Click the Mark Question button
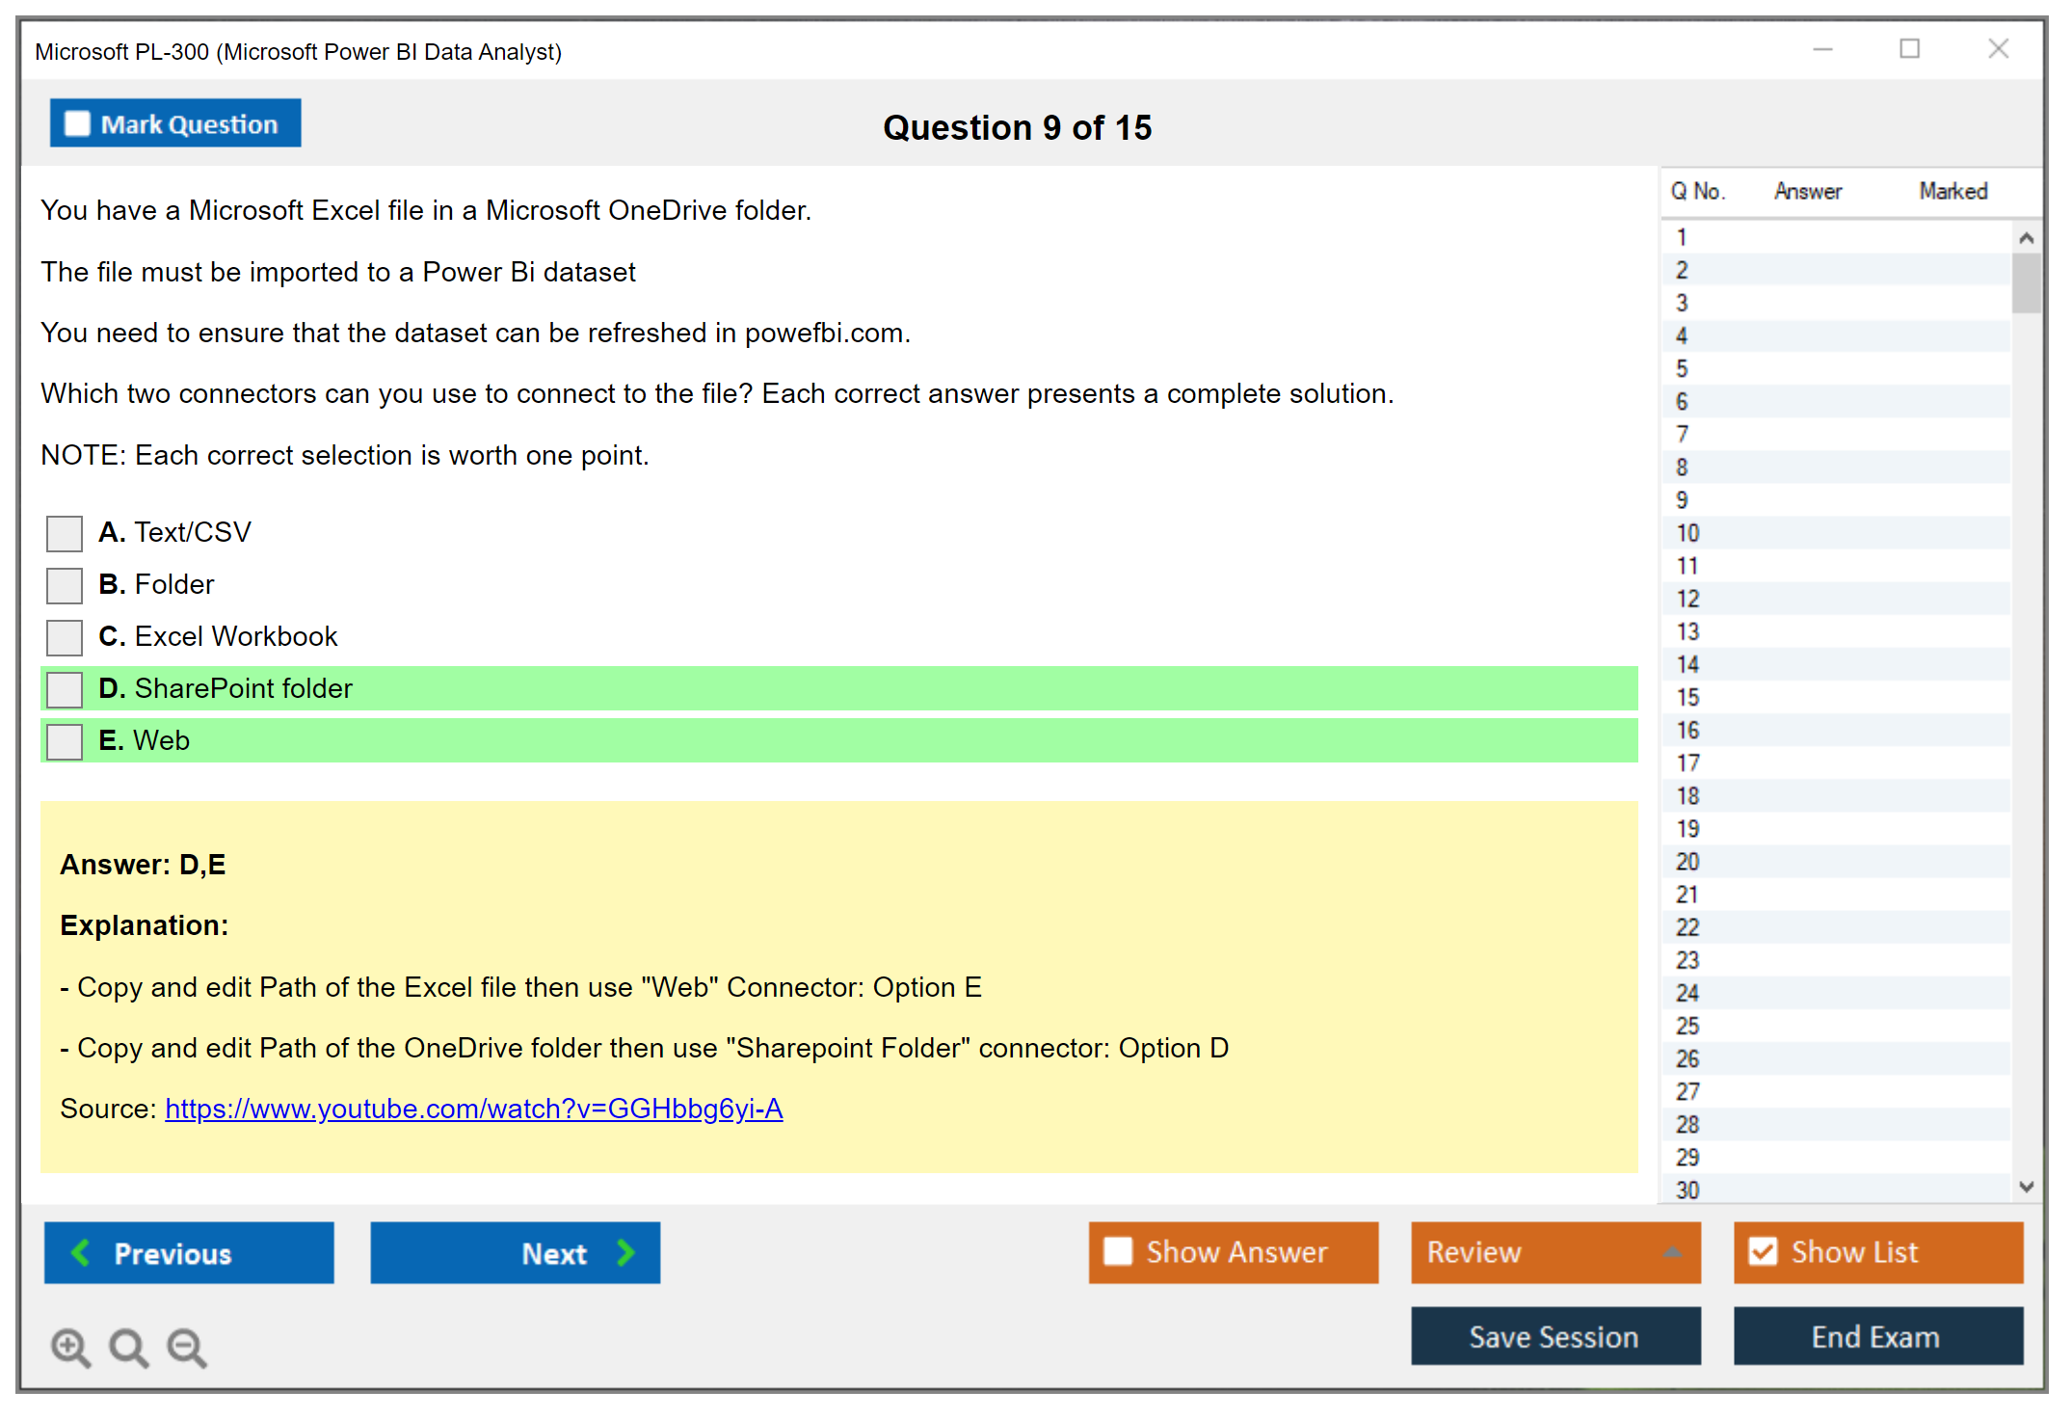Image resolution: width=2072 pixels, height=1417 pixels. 175,123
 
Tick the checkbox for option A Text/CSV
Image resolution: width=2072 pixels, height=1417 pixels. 65,533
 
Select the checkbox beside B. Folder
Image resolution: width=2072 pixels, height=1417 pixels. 65,585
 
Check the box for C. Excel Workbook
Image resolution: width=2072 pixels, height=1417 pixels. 65,637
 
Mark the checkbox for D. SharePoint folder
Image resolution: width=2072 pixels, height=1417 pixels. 65,689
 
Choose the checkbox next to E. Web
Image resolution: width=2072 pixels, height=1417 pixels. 65,741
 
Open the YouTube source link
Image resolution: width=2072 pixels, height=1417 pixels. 474,1110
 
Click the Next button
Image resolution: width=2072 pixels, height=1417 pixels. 516,1253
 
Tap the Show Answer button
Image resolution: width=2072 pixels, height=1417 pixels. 1234,1253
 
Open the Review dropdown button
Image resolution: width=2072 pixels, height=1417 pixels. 1556,1253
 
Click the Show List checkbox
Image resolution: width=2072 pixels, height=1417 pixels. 1764,1252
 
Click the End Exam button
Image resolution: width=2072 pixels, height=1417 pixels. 1878,1337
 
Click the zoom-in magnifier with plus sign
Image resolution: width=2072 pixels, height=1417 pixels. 70,1348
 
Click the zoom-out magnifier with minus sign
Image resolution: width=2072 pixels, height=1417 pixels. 187,1348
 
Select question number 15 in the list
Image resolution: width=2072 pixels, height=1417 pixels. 1688,697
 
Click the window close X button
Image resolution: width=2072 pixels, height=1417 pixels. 1999,49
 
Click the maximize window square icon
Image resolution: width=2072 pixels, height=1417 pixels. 1910,48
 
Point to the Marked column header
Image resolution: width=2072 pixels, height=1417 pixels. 1953,191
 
